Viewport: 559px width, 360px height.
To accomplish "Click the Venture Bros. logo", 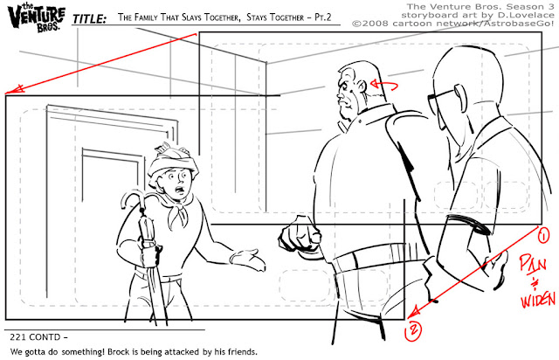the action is [37, 17].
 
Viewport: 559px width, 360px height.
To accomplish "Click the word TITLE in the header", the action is [89, 19].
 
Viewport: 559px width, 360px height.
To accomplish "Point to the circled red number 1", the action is [543, 237].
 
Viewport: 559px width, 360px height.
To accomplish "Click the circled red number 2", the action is [413, 331].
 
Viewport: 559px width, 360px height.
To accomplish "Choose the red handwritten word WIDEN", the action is [538, 300].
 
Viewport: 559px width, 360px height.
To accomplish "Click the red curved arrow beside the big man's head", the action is [384, 86].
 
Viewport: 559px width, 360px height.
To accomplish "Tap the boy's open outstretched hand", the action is [247, 260].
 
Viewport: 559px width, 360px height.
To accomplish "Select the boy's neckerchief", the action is [178, 211].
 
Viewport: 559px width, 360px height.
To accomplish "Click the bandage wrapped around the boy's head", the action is [173, 161].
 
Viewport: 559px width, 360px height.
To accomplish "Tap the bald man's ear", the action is [460, 97].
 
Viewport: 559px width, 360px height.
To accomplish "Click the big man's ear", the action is [362, 87].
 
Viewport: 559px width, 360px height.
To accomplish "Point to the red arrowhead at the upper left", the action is [14, 89].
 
